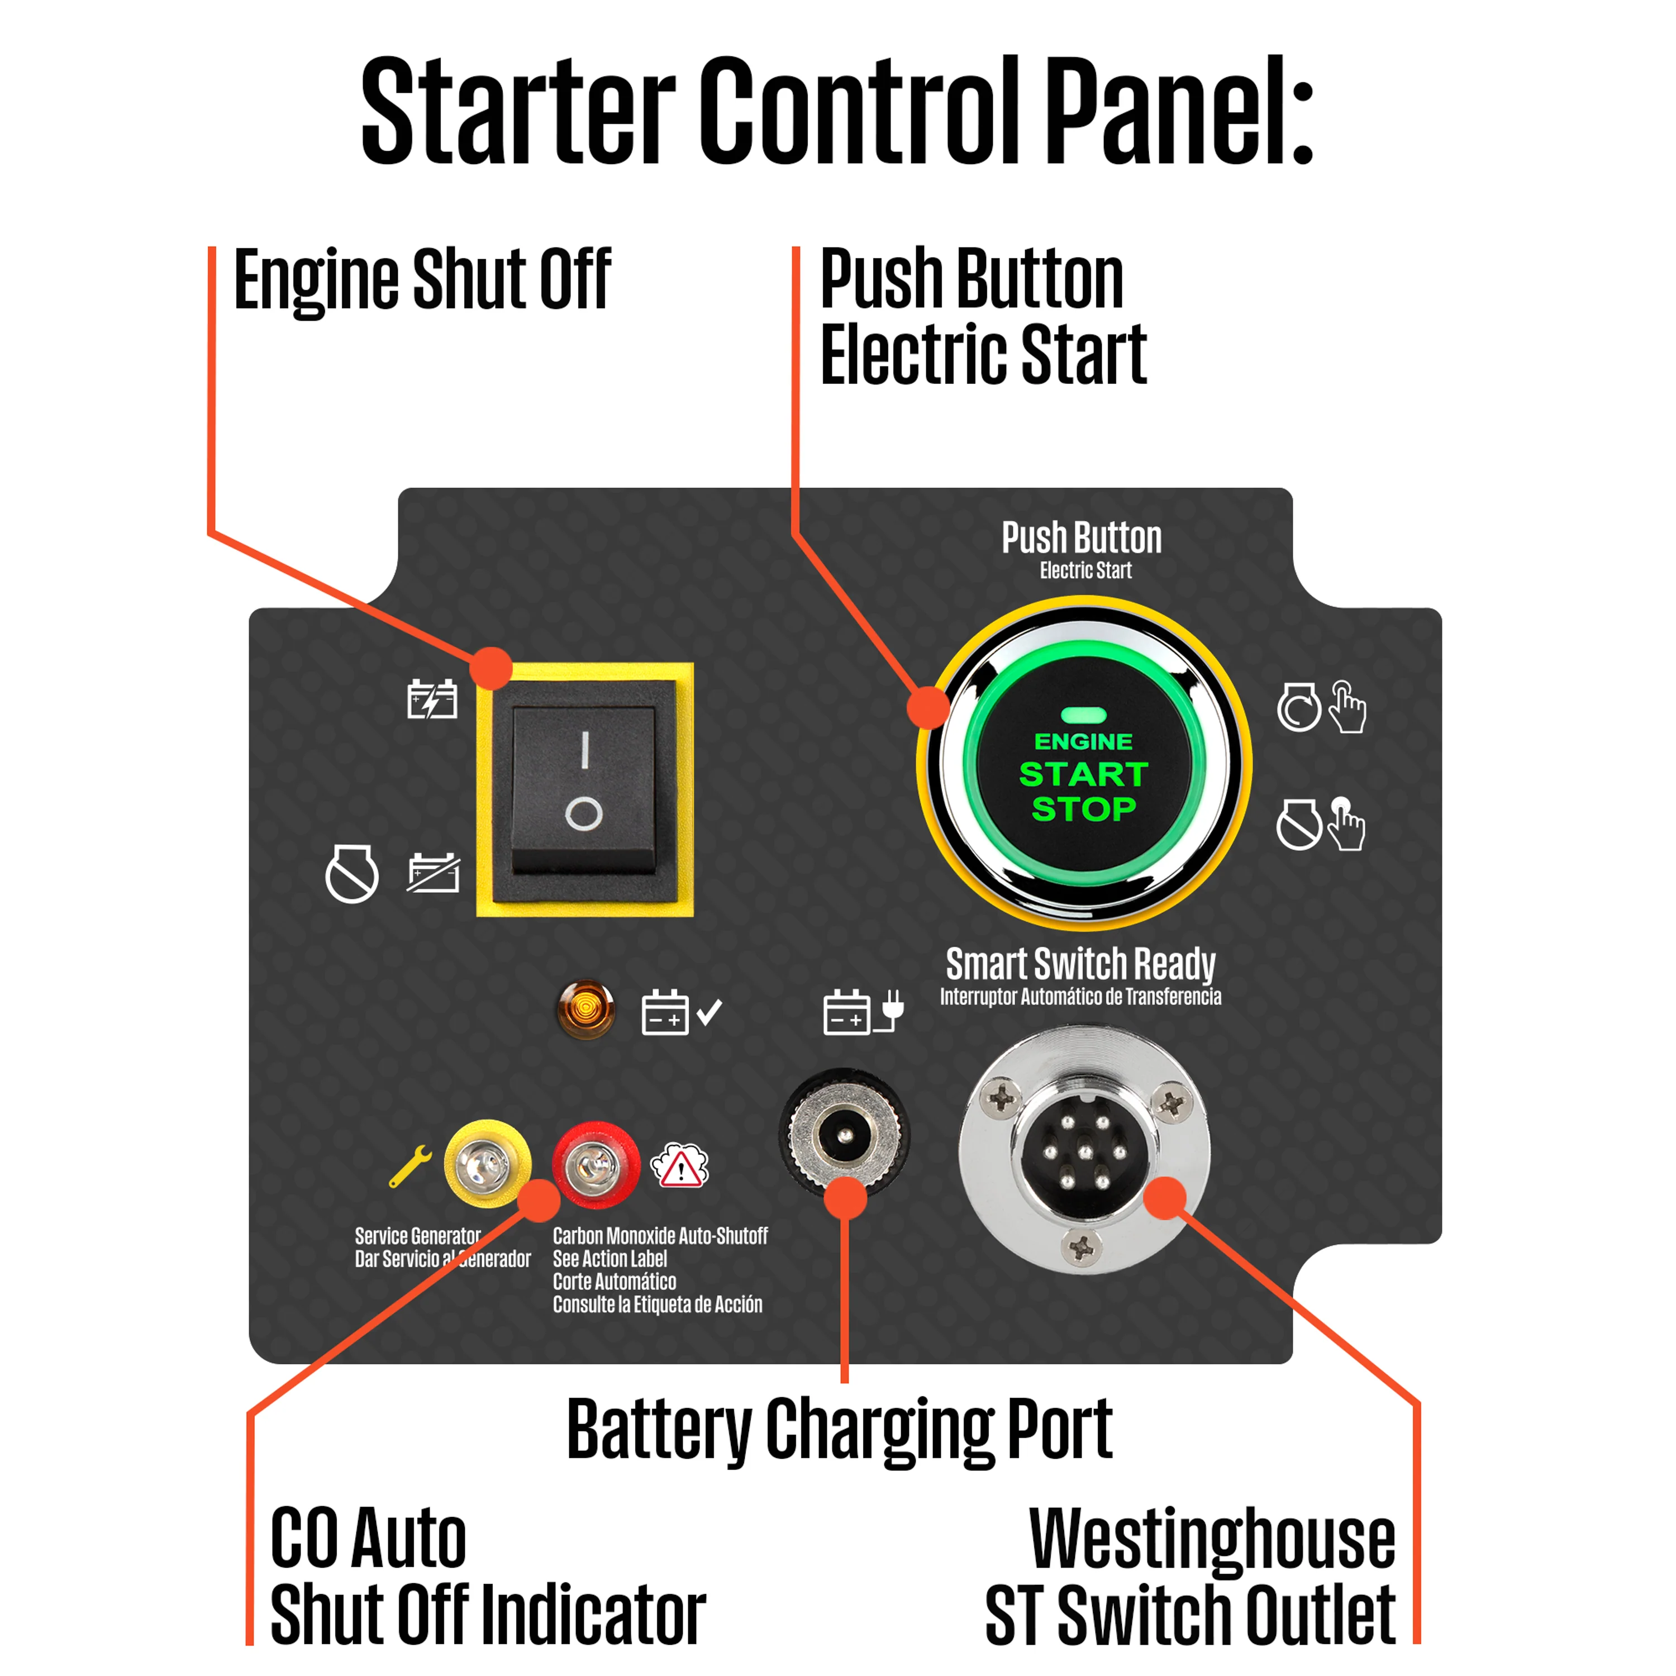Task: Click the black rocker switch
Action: coord(584,788)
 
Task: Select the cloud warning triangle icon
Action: coord(679,1165)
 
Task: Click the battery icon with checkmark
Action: coord(681,1012)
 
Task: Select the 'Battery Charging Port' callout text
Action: coord(839,1429)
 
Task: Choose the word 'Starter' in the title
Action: coord(518,110)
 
